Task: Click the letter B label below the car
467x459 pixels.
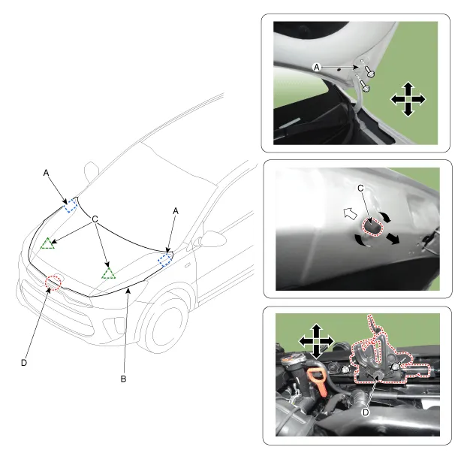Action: coord(123,379)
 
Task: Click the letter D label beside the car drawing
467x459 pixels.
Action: coord(24,363)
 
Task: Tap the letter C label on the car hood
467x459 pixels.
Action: coord(95,219)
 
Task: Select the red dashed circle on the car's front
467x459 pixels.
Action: coord(53,282)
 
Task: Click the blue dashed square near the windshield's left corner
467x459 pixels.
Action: coord(71,205)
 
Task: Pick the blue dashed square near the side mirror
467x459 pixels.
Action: coord(165,260)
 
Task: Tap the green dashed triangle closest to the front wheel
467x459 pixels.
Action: coord(108,273)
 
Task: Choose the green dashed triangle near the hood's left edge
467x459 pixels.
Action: coord(47,243)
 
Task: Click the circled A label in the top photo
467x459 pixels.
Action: coord(317,68)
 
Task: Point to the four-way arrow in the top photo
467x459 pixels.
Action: coord(408,99)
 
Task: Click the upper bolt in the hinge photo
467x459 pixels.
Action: coord(369,71)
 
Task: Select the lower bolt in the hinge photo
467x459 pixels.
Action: coord(365,86)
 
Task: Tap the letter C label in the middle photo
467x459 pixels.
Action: coord(360,188)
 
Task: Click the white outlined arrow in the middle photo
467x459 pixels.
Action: coord(349,213)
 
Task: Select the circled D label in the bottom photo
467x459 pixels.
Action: coord(366,412)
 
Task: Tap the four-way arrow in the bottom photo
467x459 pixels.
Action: coord(316,341)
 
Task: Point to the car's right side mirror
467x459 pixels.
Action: coord(212,238)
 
